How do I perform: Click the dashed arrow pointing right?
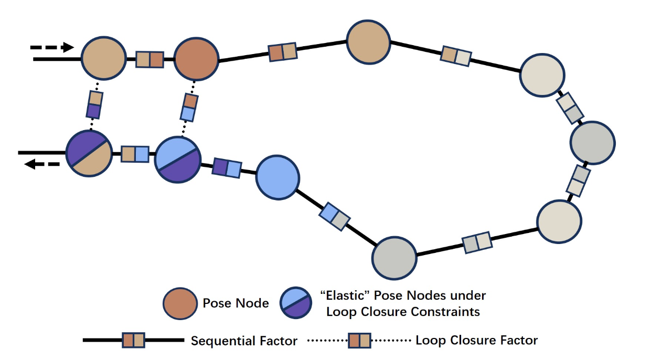coord(52,47)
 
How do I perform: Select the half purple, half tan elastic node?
coord(89,153)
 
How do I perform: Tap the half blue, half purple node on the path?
coord(178,160)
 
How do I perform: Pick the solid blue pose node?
coord(277,177)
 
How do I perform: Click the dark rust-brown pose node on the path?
coord(196,58)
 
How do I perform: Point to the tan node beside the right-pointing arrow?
coord(104,58)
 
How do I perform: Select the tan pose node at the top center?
coord(368,41)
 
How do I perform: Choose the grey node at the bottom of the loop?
coord(394,257)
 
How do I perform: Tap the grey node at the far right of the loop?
coord(592,142)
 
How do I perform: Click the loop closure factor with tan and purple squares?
coord(94,104)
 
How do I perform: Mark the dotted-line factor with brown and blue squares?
coord(189,107)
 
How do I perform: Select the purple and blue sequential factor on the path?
coord(227,167)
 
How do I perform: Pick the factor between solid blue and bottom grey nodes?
coord(334,216)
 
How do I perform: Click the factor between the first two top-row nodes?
coord(150,59)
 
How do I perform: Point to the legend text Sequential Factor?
coord(244,341)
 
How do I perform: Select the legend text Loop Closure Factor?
coord(476,340)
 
